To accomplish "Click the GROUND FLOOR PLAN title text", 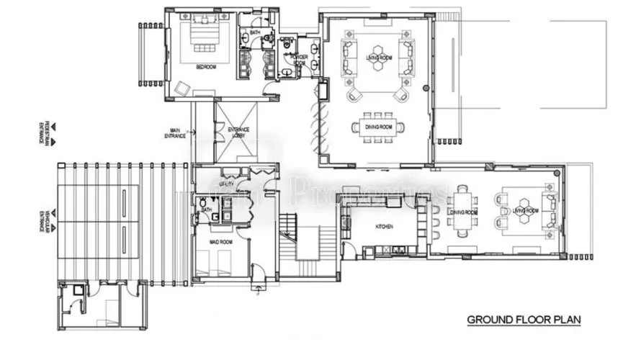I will tap(524, 319).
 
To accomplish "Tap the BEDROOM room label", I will tap(207, 67).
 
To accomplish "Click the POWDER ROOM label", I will tap(299, 60).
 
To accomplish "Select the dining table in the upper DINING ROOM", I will tap(376, 127).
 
